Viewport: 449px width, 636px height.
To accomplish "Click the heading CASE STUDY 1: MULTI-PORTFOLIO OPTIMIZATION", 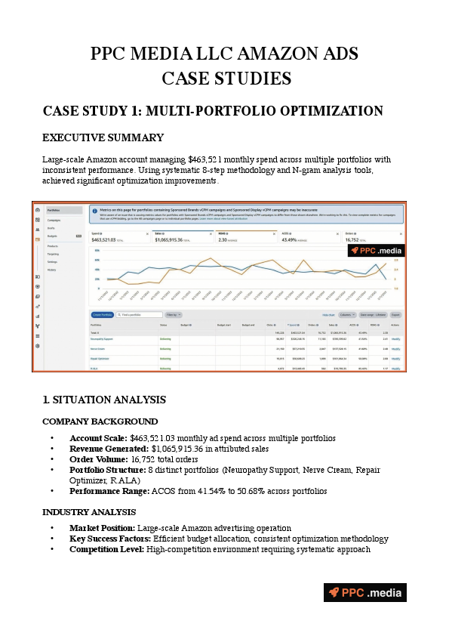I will click(x=213, y=111).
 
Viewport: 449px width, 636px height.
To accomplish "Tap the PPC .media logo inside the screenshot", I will click(x=376, y=251).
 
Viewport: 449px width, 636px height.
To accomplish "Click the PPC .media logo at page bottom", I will click(x=365, y=593).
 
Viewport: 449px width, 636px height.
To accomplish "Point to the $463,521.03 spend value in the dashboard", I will click(x=108, y=240).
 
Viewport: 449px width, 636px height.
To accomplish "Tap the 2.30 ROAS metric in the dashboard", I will click(x=223, y=240).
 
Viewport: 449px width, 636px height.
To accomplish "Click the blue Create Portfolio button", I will click(x=102, y=314).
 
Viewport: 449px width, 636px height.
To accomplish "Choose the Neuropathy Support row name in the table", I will click(x=103, y=339).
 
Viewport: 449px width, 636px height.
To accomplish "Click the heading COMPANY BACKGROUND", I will click(x=100, y=421).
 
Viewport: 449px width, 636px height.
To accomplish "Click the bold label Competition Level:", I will click(x=109, y=549).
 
